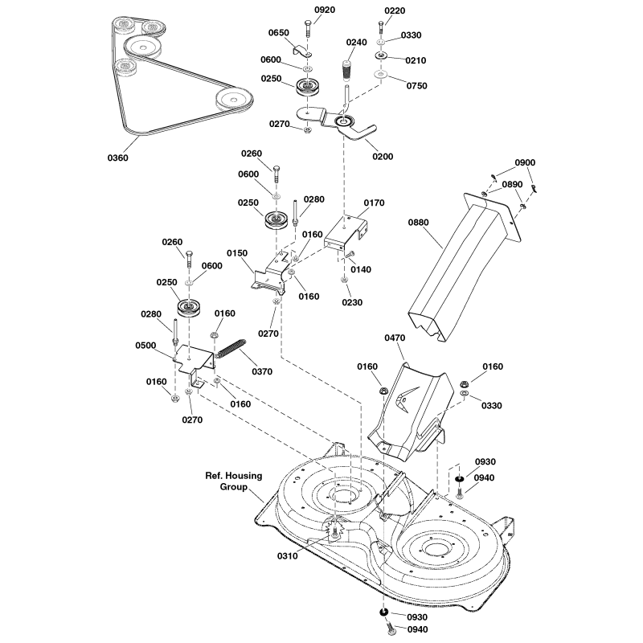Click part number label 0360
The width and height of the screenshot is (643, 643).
(x=117, y=158)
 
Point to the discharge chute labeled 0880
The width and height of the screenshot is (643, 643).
(x=458, y=265)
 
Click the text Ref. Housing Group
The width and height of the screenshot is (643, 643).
(x=234, y=481)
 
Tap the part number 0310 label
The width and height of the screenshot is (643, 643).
(x=287, y=555)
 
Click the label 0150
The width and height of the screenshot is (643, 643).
(x=237, y=252)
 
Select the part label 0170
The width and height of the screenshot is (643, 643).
(x=375, y=203)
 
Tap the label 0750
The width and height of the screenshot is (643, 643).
(x=416, y=85)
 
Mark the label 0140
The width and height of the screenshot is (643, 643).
(x=361, y=269)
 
